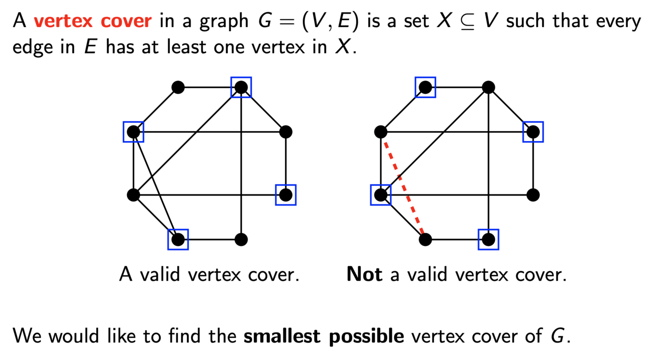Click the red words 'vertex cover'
pos(92,21)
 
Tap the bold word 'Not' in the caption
pos(365,274)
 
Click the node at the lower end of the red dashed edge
pos(425,240)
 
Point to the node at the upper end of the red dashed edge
pos(380,132)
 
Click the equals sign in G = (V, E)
pos(287,22)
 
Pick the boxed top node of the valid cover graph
pos(241,87)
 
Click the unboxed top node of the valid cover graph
pos(178,87)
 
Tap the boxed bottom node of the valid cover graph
pos(178,240)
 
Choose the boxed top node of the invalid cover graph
pos(425,87)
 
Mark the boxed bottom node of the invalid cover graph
pos(488,240)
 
